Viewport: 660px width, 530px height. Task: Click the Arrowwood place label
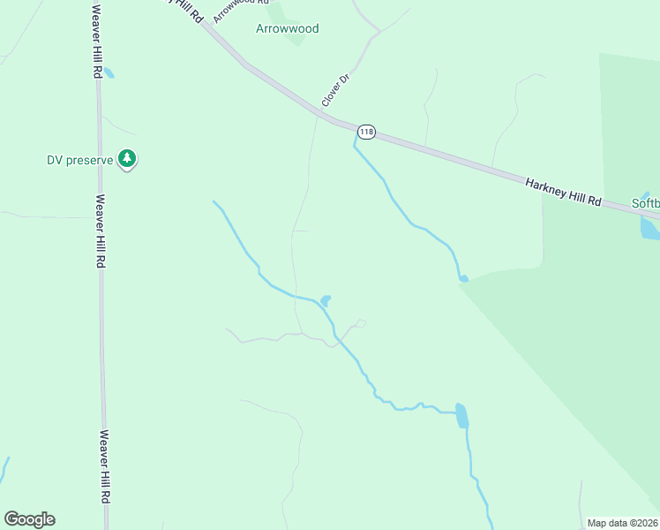(287, 28)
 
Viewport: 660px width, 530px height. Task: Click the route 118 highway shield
(366, 132)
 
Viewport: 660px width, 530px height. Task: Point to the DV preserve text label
(80, 160)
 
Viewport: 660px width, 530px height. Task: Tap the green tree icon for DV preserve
(128, 159)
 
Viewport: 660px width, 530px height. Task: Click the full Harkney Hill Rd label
(563, 193)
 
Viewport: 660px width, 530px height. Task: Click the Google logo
(29, 519)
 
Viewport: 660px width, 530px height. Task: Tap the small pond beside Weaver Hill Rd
(109, 72)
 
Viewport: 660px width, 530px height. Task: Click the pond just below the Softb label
(649, 227)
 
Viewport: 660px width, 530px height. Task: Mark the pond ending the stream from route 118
(463, 279)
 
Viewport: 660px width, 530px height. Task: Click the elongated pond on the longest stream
(461, 415)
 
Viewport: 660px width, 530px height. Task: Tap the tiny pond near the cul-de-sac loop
(326, 301)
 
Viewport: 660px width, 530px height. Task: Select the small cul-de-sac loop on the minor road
(360, 323)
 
